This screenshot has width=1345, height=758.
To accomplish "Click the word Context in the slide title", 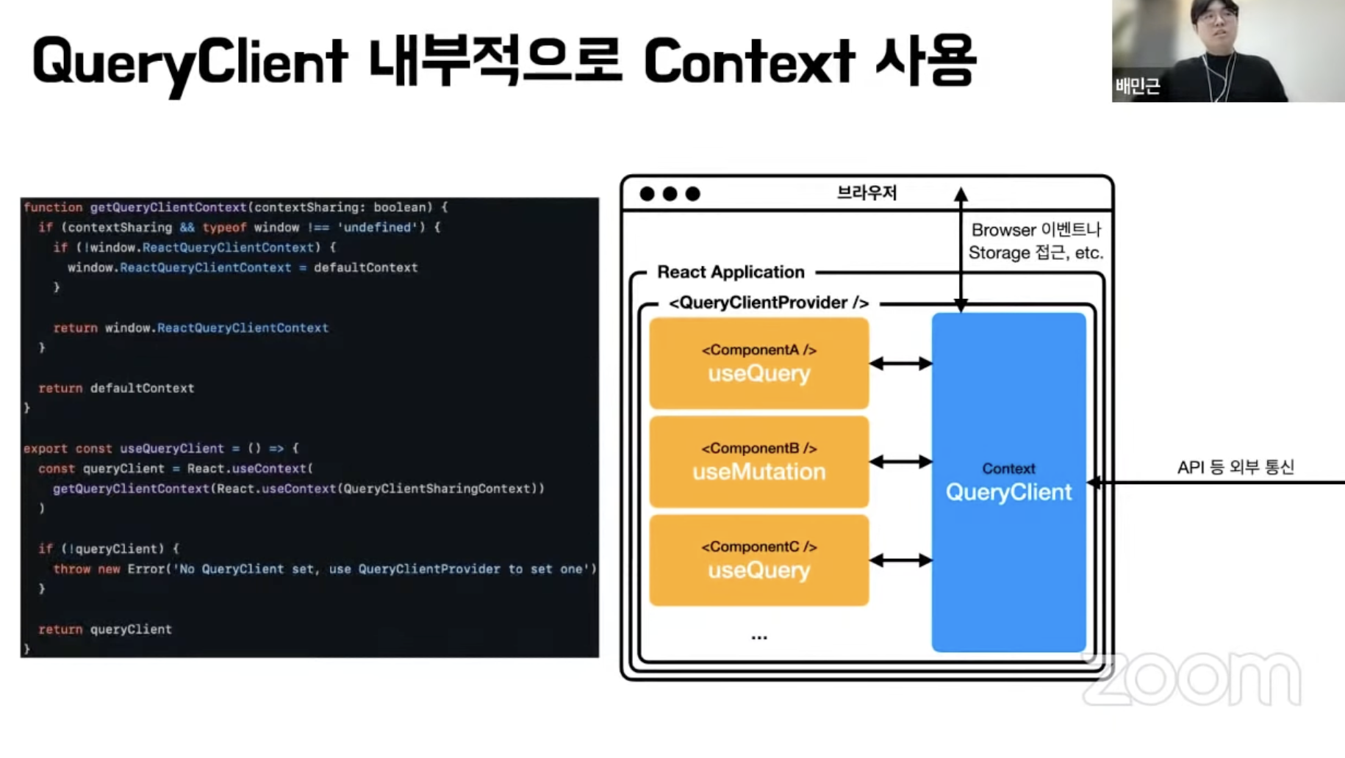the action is [x=750, y=61].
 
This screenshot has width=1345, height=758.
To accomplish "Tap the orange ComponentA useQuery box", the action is [x=758, y=363].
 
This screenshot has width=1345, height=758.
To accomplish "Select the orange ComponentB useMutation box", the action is [x=758, y=461].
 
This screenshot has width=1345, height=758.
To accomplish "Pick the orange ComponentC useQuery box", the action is [x=758, y=560].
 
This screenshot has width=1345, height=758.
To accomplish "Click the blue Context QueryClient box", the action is [x=1008, y=482].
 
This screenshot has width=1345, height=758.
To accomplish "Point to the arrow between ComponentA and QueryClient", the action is [x=900, y=363].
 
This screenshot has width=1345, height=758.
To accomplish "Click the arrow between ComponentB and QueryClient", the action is [x=900, y=462].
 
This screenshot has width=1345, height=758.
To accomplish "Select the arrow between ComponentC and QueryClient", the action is [x=900, y=560].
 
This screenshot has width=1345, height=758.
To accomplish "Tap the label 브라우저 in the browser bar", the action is [x=867, y=193].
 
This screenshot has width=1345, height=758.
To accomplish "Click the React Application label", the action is [x=731, y=272].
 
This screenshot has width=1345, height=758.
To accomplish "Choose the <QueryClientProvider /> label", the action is [x=769, y=303].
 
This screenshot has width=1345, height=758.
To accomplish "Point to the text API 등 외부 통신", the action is [x=1235, y=467].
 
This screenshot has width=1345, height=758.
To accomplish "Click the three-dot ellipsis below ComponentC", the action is [x=759, y=638].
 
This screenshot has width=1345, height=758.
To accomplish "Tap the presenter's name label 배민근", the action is [x=1137, y=87].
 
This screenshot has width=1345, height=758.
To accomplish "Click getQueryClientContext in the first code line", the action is [x=168, y=208].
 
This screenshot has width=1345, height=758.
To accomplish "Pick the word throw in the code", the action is [x=72, y=569].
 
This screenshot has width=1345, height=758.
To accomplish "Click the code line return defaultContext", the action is [x=116, y=389].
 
